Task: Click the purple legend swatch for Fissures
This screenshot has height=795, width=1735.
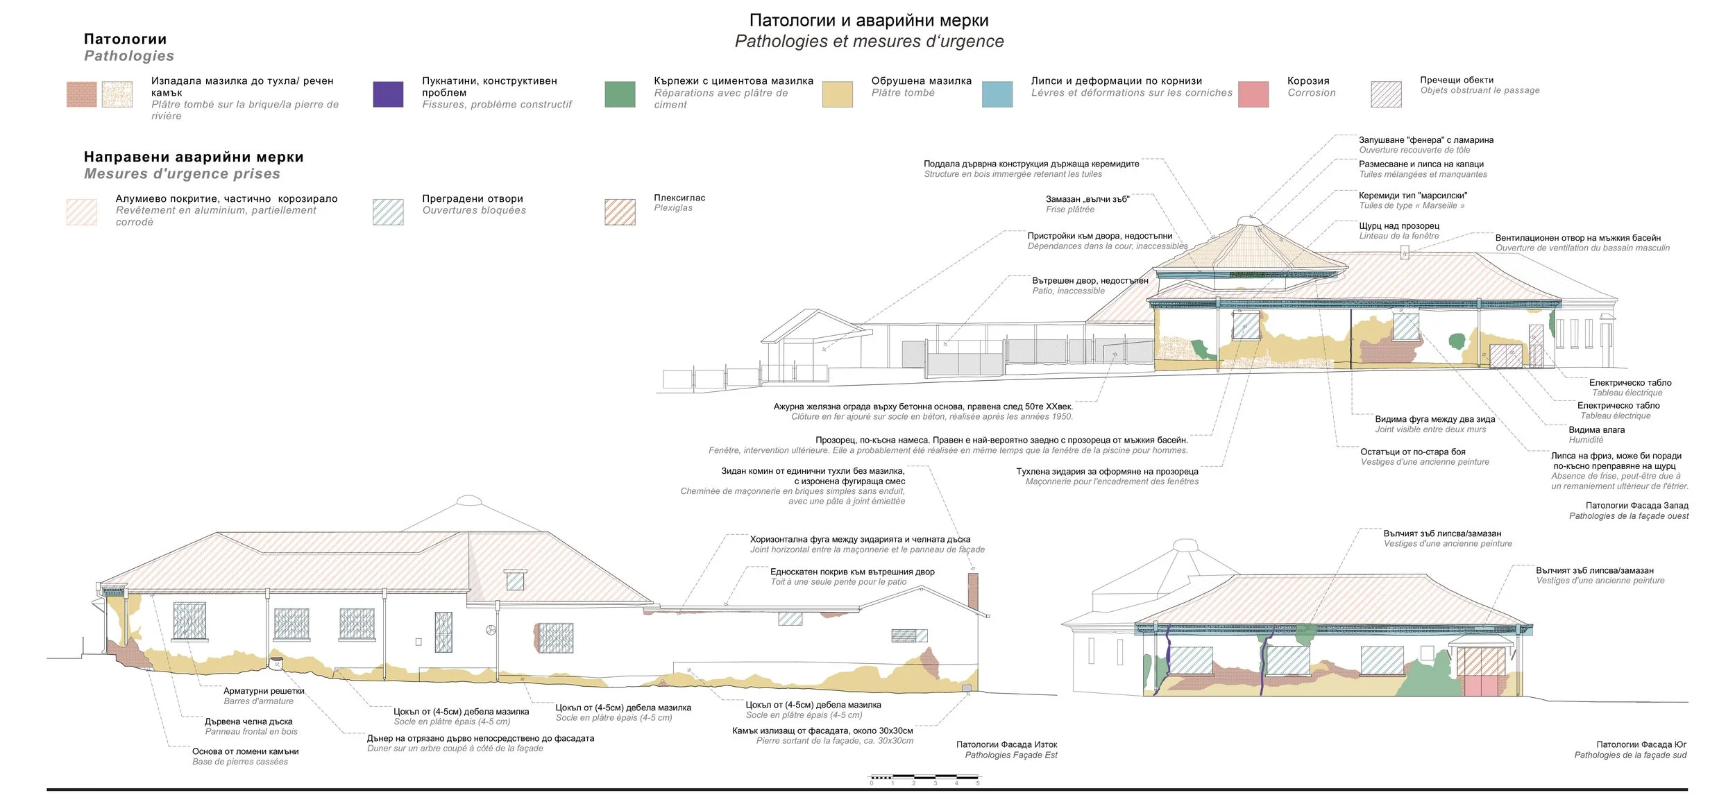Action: [388, 94]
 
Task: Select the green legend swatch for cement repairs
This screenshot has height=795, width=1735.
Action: [620, 94]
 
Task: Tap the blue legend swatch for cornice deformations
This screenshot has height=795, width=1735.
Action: [997, 94]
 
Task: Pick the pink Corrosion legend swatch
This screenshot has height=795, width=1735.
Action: [1253, 94]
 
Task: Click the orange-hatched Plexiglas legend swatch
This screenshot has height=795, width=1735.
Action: [620, 212]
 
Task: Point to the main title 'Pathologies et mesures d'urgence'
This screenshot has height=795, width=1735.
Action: [869, 42]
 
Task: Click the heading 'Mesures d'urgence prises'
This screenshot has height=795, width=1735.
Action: [182, 174]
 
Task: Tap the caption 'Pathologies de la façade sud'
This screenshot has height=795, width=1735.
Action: [1630, 755]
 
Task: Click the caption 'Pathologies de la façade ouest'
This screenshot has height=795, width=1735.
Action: [1629, 516]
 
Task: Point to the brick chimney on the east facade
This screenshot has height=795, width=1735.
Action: [973, 591]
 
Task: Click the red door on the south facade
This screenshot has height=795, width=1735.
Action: [1481, 672]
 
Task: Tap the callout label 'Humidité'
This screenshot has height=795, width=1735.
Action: [1586, 440]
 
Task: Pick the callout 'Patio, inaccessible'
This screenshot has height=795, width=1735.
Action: [1068, 291]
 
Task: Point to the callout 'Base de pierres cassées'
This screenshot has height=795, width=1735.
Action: [240, 762]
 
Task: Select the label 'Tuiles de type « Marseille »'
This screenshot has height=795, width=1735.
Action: [1412, 206]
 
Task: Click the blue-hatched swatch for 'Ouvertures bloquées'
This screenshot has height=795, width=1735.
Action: [388, 212]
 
